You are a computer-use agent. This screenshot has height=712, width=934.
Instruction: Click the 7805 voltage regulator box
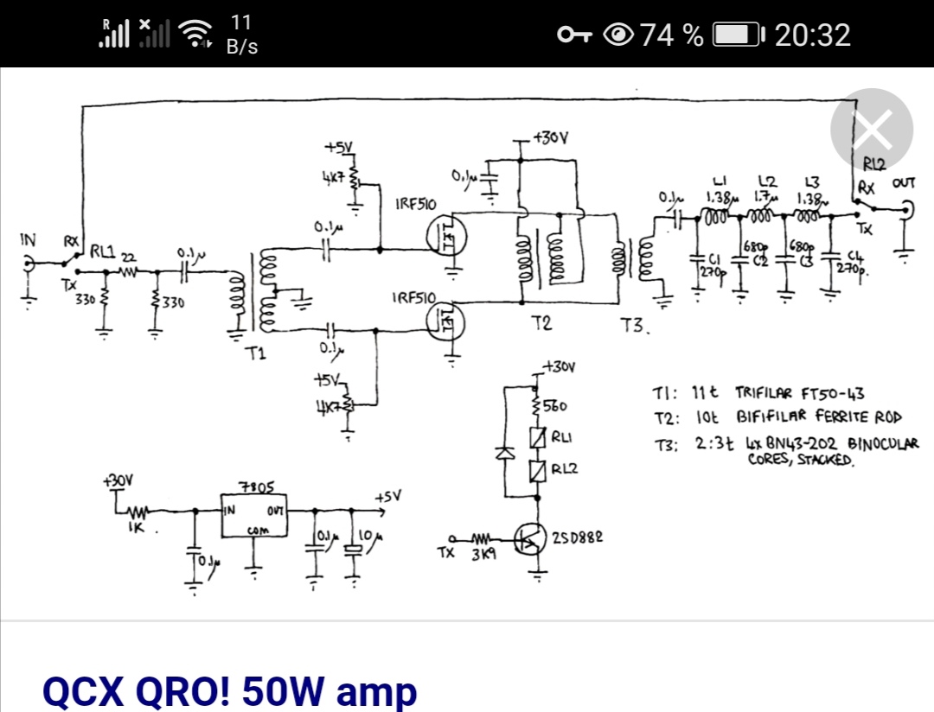254,516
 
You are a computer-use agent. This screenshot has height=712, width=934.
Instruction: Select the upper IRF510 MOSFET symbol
446,234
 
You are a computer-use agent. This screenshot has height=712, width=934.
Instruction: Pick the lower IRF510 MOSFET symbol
446,324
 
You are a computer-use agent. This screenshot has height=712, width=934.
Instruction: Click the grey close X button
871,130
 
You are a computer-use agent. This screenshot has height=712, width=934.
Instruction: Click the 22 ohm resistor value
128,258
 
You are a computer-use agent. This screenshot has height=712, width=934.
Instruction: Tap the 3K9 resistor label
483,555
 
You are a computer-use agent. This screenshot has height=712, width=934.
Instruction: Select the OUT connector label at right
905,183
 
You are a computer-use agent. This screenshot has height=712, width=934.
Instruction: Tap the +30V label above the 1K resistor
118,480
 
